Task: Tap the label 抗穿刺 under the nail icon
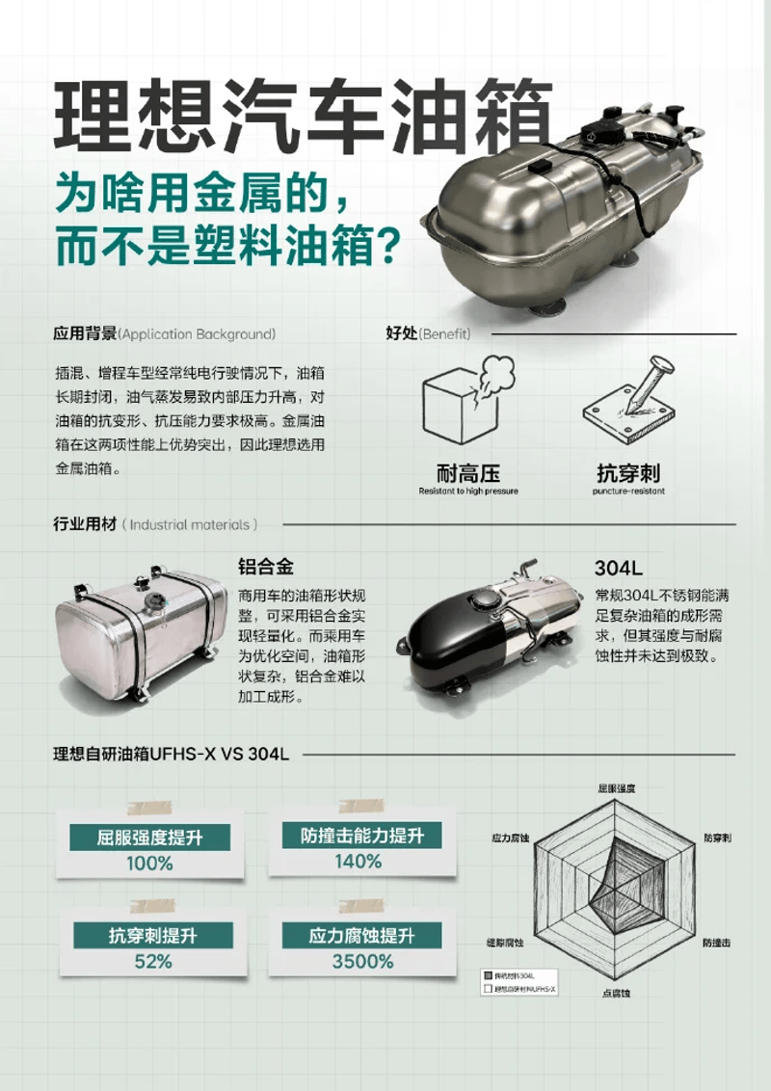click(x=628, y=473)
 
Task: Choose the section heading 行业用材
click(x=85, y=525)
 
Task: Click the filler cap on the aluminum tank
click(x=155, y=601)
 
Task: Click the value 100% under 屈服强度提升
click(x=149, y=863)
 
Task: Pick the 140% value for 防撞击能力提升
click(x=359, y=861)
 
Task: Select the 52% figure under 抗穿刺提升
click(x=153, y=961)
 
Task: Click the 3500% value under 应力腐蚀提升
click(x=362, y=961)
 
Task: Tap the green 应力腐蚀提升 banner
click(x=361, y=935)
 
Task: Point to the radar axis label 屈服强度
click(x=617, y=788)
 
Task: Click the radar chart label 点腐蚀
click(x=617, y=993)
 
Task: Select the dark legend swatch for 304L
click(x=488, y=975)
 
